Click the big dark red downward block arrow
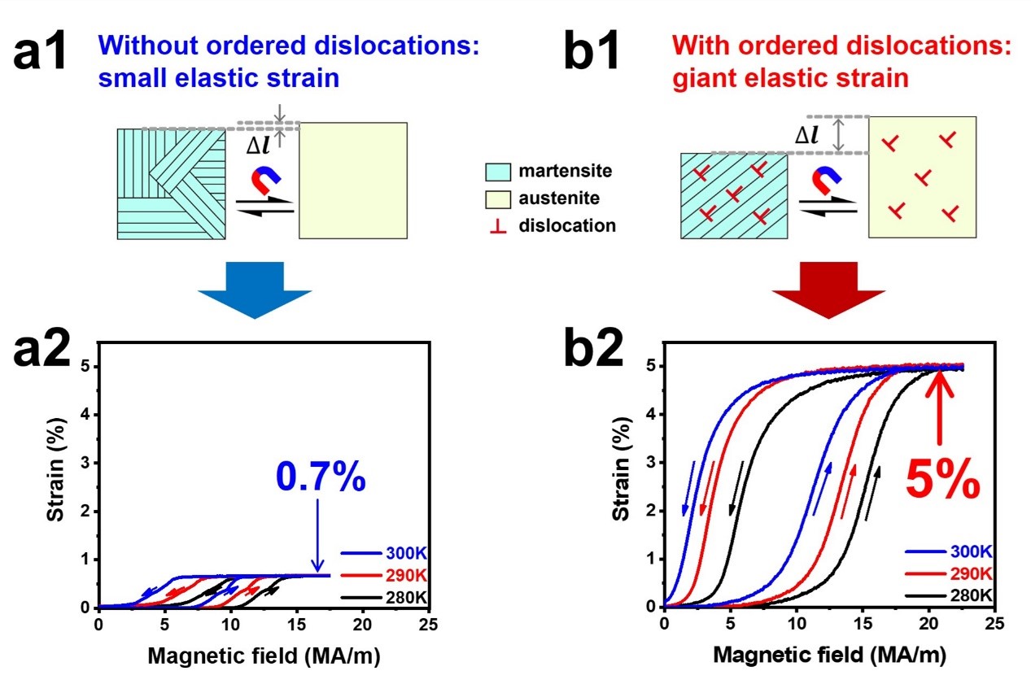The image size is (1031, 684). (829, 289)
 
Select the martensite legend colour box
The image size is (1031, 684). (499, 172)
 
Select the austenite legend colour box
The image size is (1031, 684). (499, 198)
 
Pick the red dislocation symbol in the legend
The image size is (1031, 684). (499, 225)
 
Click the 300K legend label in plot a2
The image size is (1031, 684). (404, 555)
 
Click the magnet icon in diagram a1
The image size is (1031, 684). (262, 180)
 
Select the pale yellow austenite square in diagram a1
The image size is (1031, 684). (353, 181)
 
